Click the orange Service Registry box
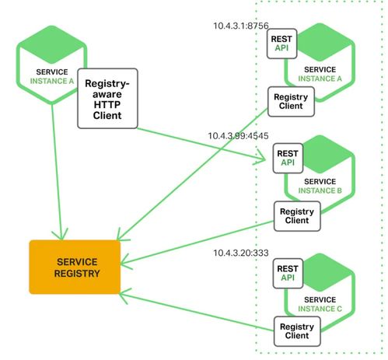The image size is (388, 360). click(x=75, y=267)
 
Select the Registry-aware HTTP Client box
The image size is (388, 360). click(x=107, y=99)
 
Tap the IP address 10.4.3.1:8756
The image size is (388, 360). click(x=241, y=26)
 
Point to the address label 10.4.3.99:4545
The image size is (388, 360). click(x=238, y=136)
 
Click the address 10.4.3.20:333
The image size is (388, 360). click(x=241, y=253)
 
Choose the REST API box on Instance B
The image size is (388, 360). click(x=288, y=158)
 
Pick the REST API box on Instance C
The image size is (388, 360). click(x=288, y=273)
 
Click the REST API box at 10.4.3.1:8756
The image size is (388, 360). click(x=281, y=44)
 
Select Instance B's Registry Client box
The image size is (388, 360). click(x=297, y=216)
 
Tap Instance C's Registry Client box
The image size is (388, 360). click(x=297, y=331)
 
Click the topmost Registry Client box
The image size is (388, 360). click(x=291, y=102)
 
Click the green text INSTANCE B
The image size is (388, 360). click(x=320, y=190)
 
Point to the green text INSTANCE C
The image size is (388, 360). click(x=320, y=309)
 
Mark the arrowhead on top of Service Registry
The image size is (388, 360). click(x=61, y=235)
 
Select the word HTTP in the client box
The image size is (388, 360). click(x=107, y=105)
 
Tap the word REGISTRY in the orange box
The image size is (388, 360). click(x=77, y=274)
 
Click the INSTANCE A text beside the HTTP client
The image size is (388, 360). click(x=52, y=81)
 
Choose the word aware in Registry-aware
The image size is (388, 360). click(x=107, y=94)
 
